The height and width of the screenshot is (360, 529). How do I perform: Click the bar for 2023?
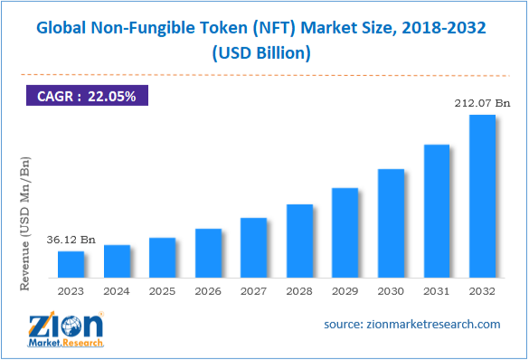coord(71,264)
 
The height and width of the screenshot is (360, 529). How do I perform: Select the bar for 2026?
coord(208,253)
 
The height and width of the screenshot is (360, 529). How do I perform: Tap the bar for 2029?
coord(345,232)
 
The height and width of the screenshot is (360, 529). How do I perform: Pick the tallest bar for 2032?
coord(481,196)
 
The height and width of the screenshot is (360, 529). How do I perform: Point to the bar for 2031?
coord(436,211)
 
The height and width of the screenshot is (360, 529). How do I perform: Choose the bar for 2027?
coord(253,248)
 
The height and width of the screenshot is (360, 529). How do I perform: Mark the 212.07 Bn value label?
coord(481,104)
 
